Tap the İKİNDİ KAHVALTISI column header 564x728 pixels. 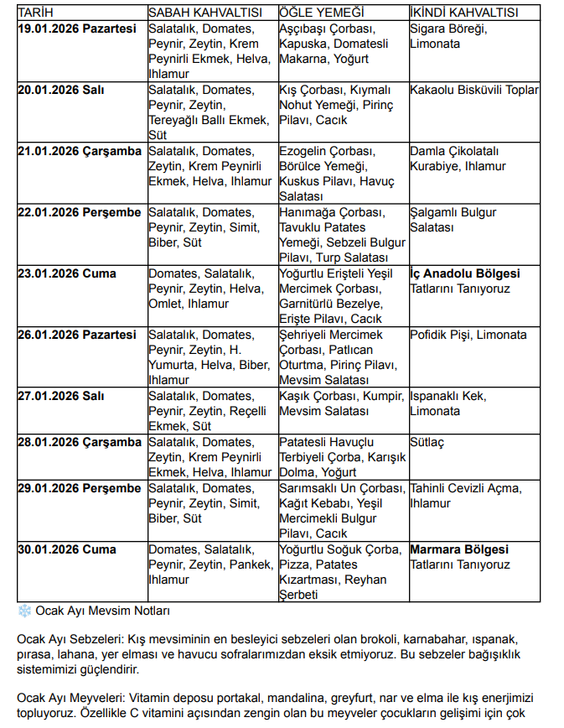click(x=463, y=13)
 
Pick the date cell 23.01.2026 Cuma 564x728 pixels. click(x=66, y=273)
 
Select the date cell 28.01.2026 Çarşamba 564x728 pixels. click(x=80, y=442)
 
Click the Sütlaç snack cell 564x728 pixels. click(x=427, y=442)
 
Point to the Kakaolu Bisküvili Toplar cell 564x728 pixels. click(x=474, y=90)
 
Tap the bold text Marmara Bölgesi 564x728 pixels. click(x=458, y=549)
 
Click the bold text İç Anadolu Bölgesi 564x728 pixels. click(x=464, y=273)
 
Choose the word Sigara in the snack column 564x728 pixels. click(x=428, y=29)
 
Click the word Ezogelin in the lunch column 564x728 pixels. click(x=303, y=151)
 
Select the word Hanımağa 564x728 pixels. click(x=307, y=212)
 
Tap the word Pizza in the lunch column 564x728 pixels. click(x=294, y=565)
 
